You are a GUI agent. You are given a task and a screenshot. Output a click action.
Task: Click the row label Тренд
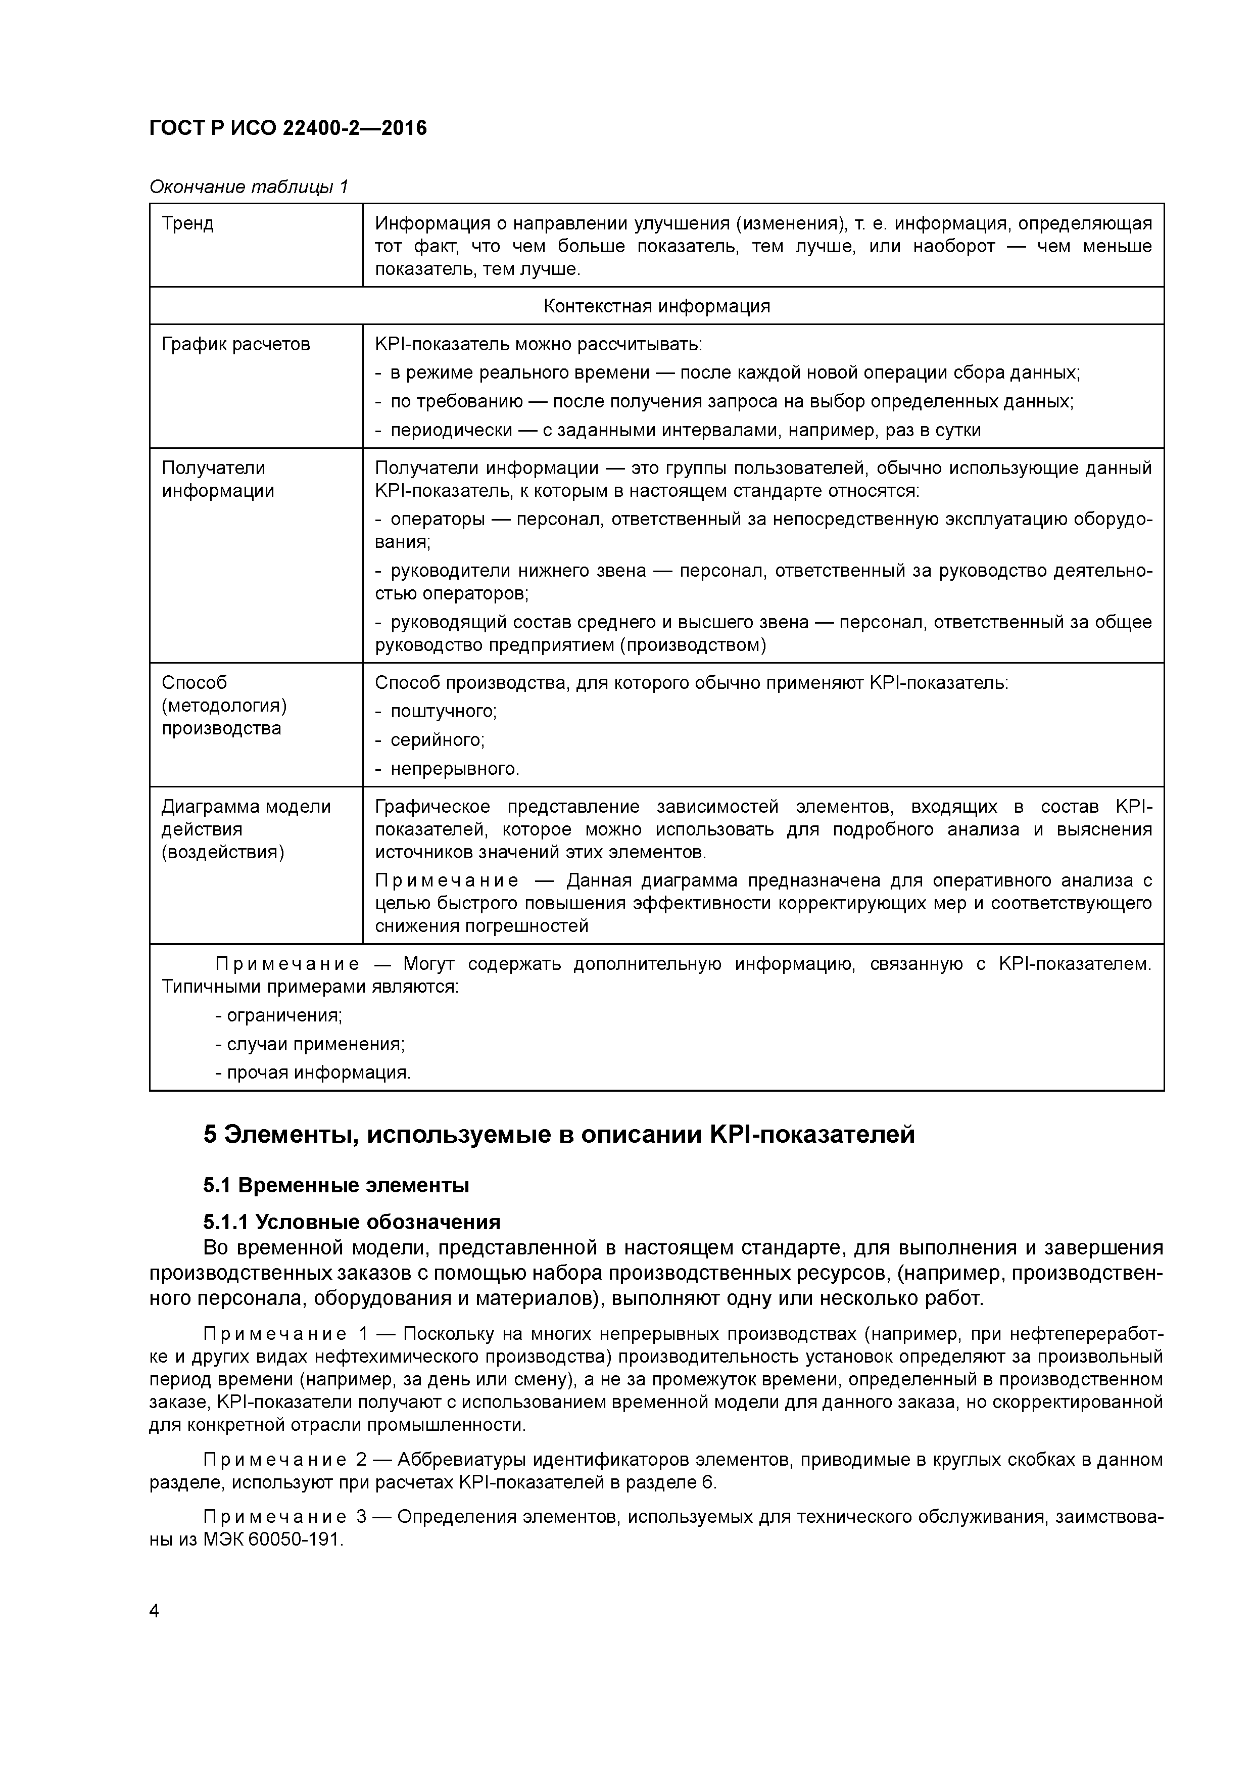point(187,224)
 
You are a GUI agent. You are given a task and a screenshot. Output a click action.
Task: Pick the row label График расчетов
point(235,344)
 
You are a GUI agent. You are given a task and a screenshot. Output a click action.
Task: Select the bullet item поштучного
point(443,711)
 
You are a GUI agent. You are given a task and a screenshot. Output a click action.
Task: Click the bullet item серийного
point(437,740)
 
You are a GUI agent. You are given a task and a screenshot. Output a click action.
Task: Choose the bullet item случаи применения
point(315,1044)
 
